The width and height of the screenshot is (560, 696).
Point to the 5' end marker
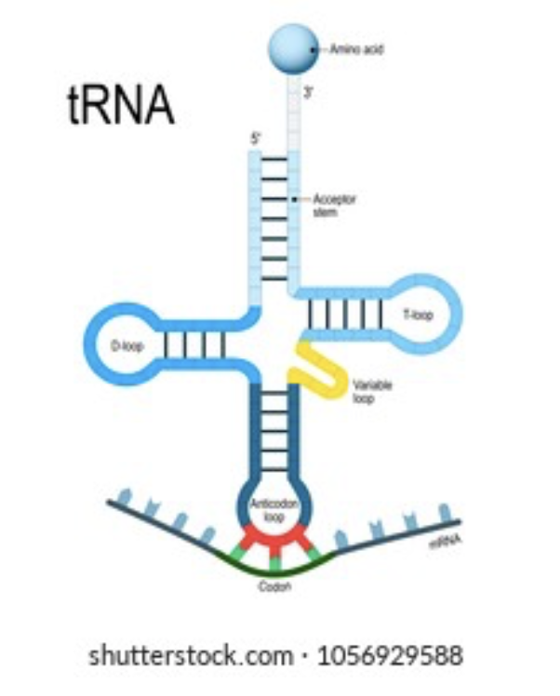(255, 139)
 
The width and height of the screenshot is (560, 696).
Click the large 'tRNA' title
(122, 105)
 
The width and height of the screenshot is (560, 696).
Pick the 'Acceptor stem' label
(334, 206)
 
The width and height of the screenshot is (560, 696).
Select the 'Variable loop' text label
(367, 392)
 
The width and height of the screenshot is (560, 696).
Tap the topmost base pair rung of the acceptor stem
(274, 160)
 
